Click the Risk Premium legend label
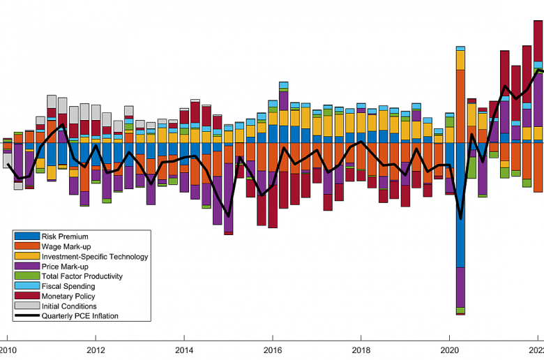pyautogui.click(x=64, y=237)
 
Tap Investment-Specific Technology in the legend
pyautogui.click(x=94, y=257)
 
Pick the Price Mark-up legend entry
pyautogui.click(x=65, y=267)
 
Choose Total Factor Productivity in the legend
pyautogui.click(x=82, y=276)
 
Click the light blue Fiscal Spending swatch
pyautogui.click(x=27, y=286)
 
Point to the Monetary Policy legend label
pyautogui.click(x=68, y=297)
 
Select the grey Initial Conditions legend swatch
pyautogui.click(x=27, y=306)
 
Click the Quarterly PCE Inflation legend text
pyautogui.click(x=80, y=316)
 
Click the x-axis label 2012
pyautogui.click(x=96, y=350)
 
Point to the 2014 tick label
pyautogui.click(x=184, y=350)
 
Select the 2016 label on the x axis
pyautogui.click(x=273, y=350)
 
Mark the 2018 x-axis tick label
pyautogui.click(x=361, y=350)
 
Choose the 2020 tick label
pyautogui.click(x=449, y=350)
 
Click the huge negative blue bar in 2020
pyautogui.click(x=460, y=206)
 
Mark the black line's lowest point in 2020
pyautogui.click(x=460, y=218)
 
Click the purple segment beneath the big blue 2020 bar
pyautogui.click(x=460, y=287)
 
